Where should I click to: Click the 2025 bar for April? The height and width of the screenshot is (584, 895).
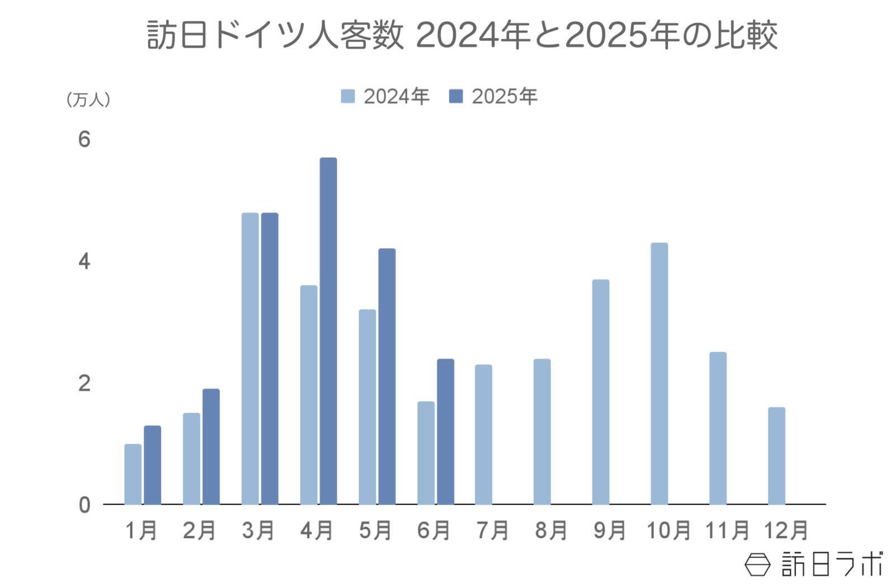pos(328,331)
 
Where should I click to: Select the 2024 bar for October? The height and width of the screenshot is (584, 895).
pos(659,373)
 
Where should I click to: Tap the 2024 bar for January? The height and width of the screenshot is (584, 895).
pos(133,474)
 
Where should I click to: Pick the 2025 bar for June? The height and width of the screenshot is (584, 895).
pos(445,431)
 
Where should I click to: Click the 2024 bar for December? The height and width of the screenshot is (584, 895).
pos(776,455)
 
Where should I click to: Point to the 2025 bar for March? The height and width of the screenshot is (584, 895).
pos(270,358)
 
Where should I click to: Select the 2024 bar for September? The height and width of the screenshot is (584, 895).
pos(600,392)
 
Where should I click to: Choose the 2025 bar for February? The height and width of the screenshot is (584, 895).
pos(211,446)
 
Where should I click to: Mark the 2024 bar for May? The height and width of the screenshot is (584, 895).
pos(367,407)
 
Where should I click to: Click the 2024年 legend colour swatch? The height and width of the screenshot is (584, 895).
pos(347,96)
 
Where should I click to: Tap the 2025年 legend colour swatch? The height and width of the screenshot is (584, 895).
pos(456,96)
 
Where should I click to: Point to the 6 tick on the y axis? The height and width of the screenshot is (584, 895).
pos(84,139)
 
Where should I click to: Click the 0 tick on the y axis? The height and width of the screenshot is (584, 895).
pos(84,505)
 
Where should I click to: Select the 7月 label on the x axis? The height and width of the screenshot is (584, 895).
pos(492,530)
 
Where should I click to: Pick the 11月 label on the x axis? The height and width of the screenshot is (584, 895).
pos(727,530)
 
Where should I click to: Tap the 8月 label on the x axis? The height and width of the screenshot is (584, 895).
pos(551,530)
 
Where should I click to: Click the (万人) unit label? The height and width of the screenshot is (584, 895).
pos(88,100)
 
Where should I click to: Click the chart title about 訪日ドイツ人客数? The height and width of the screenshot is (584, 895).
pos(462,35)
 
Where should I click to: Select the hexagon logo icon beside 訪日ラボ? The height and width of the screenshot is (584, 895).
pos(757,564)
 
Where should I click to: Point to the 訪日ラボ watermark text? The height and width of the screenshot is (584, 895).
pos(832,564)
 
